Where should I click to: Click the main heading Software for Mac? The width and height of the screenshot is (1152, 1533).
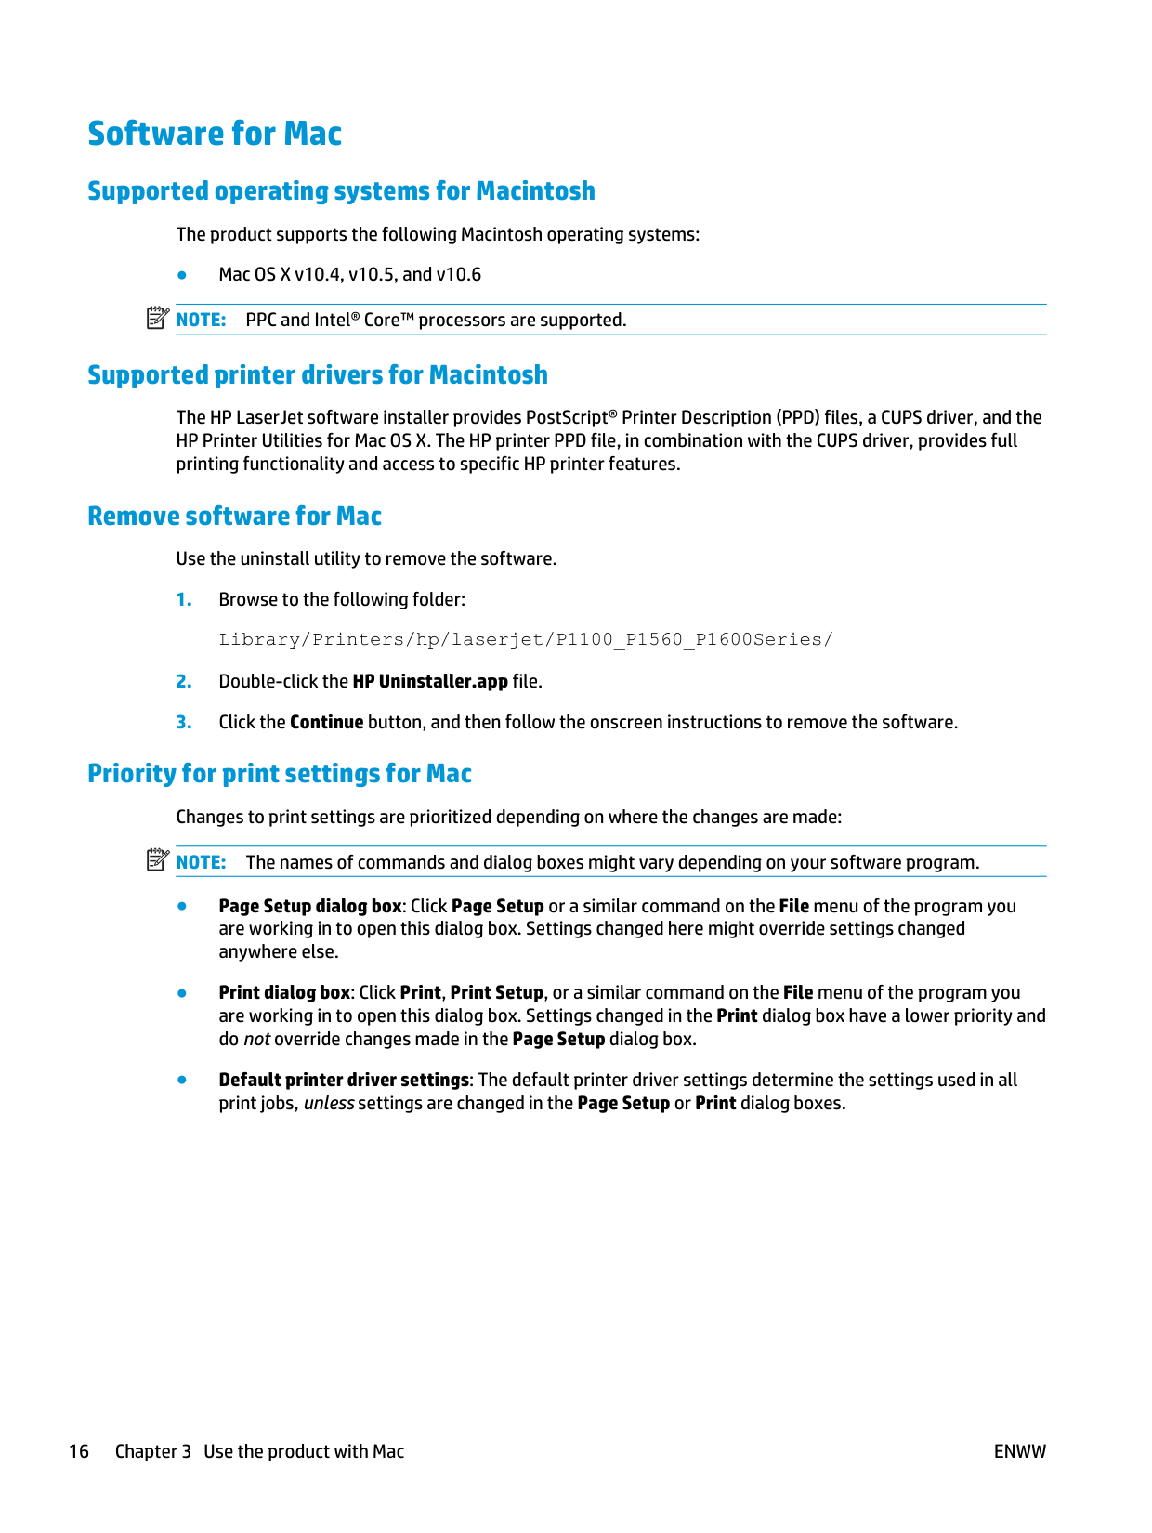click(x=215, y=134)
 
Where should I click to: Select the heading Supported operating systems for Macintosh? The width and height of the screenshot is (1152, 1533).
click(x=341, y=191)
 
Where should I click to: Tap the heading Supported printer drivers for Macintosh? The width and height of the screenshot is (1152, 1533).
click(x=318, y=375)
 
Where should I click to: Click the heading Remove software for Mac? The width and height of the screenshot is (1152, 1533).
click(x=234, y=517)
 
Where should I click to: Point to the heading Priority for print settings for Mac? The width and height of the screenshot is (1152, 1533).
click(x=280, y=774)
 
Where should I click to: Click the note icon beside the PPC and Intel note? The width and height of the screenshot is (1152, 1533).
click(x=157, y=318)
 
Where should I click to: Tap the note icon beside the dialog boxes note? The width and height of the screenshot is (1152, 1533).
click(x=157, y=860)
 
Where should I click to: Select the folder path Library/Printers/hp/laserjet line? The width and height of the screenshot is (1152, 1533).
click(x=526, y=639)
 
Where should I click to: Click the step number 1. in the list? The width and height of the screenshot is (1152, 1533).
click(x=184, y=600)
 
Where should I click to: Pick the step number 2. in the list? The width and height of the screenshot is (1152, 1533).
click(x=184, y=682)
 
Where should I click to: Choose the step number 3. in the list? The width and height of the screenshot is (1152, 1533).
click(x=184, y=723)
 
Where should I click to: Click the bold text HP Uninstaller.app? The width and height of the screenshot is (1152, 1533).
click(x=430, y=682)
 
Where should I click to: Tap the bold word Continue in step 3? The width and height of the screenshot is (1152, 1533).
click(x=326, y=723)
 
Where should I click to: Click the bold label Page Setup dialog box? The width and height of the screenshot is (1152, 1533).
click(x=310, y=907)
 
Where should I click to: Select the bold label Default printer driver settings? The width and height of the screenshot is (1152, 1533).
click(x=344, y=1081)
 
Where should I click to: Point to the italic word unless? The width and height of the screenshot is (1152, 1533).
click(x=329, y=1104)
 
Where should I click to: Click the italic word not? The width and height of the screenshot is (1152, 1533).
click(x=256, y=1040)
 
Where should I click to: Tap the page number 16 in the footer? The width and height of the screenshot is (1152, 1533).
click(x=79, y=1452)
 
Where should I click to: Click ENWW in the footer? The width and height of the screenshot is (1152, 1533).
click(x=1019, y=1452)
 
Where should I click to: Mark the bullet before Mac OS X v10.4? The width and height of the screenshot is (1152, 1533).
click(x=183, y=275)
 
